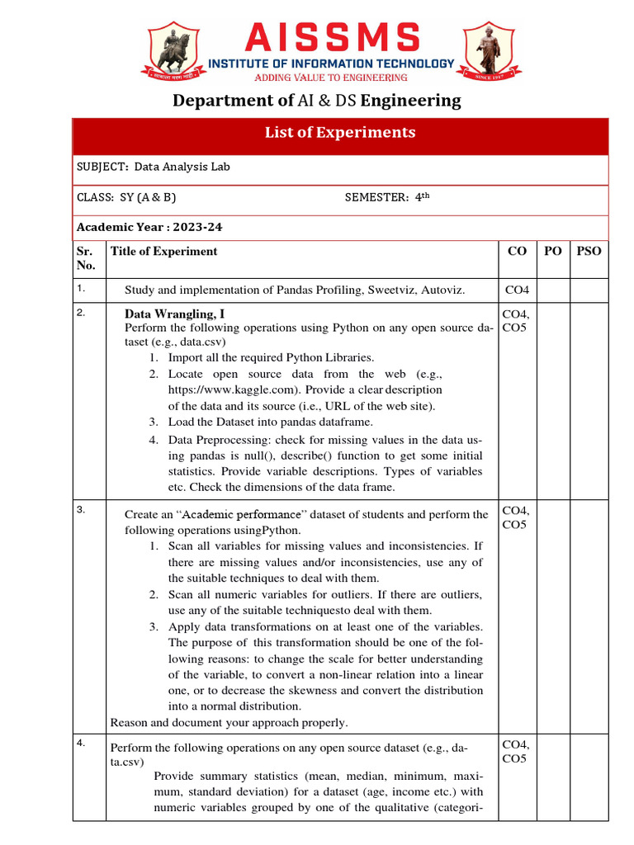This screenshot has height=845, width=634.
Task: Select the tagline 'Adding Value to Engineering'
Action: (330, 78)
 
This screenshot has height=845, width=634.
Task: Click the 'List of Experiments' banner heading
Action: (339, 133)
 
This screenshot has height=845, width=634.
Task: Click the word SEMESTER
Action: (376, 197)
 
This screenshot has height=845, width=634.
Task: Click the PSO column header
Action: (589, 252)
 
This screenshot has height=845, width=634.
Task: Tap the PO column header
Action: (552, 252)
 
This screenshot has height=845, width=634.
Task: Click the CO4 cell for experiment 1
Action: (517, 290)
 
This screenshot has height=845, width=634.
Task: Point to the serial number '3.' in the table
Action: (81, 509)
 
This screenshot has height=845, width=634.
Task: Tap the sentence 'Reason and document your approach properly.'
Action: (229, 723)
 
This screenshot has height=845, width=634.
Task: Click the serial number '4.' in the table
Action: (81, 743)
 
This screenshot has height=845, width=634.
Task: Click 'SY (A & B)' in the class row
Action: (149, 197)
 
